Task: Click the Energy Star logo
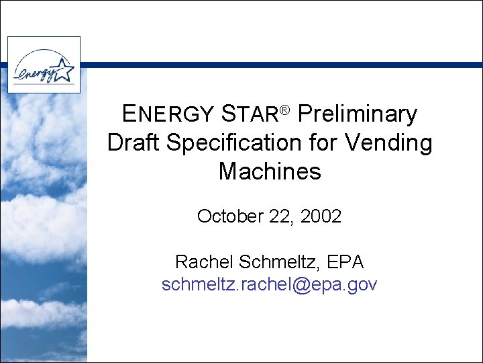point(44,65)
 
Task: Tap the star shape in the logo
point(64,67)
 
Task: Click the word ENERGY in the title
point(166,114)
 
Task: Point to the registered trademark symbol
point(284,109)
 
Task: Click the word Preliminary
point(357,114)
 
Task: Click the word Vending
point(392,143)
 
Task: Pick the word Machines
point(270,172)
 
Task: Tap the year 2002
point(321,216)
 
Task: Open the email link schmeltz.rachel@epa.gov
point(270,284)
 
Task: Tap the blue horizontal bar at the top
point(282,65)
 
